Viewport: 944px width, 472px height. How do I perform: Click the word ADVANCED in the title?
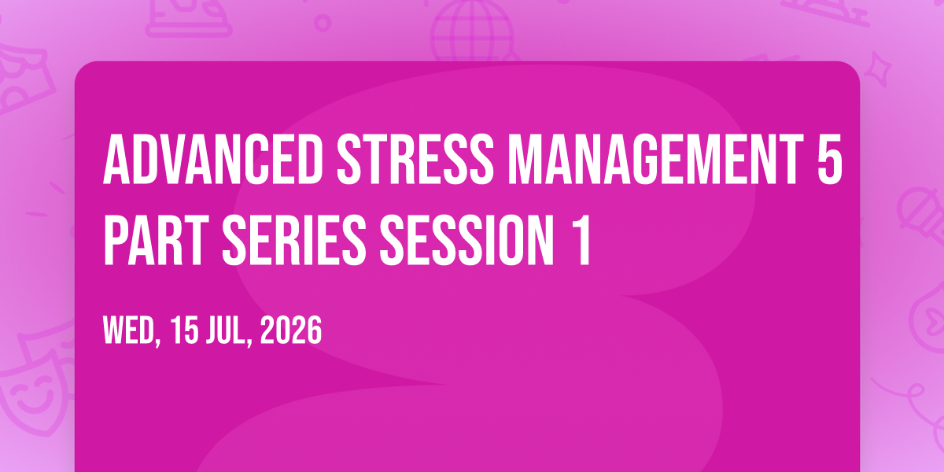point(213,160)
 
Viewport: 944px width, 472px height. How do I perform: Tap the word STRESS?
point(415,160)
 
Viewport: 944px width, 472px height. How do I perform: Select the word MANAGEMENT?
point(656,160)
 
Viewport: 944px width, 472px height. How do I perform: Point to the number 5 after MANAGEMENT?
point(829,160)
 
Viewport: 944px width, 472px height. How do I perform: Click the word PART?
point(156,240)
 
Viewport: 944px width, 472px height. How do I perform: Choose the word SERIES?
point(294,240)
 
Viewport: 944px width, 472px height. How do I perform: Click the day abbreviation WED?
point(128,330)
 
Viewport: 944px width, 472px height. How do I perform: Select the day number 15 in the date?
point(184,330)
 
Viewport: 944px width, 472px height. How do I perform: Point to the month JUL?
point(226,330)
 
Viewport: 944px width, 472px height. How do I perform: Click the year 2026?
point(291,330)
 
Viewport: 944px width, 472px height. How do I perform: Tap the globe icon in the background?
point(473,31)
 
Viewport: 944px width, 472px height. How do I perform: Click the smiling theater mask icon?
point(36,388)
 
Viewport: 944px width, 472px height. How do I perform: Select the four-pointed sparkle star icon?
point(878,69)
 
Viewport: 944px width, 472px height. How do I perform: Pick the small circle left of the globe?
point(323,23)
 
